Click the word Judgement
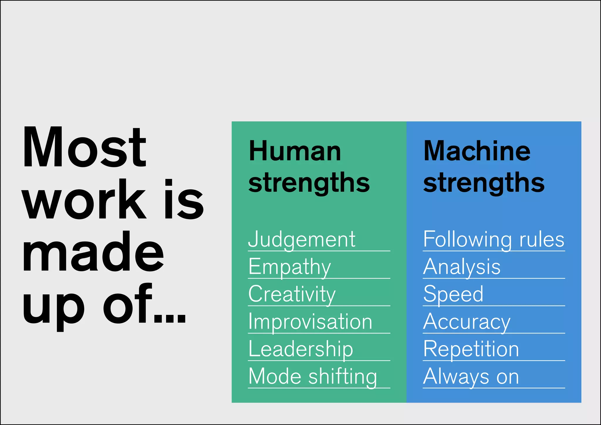302,240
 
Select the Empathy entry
290,267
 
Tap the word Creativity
292,294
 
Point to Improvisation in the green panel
310,322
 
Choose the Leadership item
301,349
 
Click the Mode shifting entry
313,376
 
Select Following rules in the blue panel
494,240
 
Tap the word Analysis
462,267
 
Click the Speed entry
453,294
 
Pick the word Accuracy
467,322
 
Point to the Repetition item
471,349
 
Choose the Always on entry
471,376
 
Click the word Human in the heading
295,151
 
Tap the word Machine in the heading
477,151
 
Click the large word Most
84,147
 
